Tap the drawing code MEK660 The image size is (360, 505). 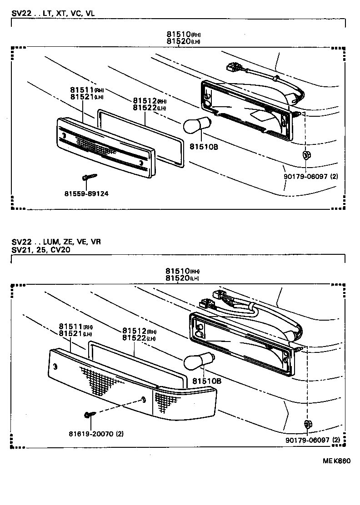tap(336, 460)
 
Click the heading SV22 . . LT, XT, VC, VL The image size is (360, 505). tap(53, 14)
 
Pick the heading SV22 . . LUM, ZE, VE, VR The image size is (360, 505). tap(56, 242)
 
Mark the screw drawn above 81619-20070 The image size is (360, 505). tap(89, 414)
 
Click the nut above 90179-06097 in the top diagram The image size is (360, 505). tap(306, 155)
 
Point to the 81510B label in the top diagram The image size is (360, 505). tap(204, 147)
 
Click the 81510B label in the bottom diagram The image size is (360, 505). tap(206, 381)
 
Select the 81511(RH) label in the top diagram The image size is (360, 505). tap(87, 90)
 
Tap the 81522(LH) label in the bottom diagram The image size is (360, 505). tap(140, 338)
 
